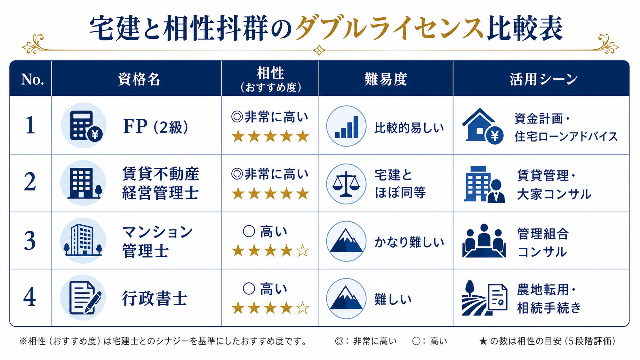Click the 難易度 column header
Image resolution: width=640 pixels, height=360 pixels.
click(x=386, y=79)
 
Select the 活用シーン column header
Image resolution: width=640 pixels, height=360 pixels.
click(x=543, y=79)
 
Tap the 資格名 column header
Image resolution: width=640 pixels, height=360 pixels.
click(x=139, y=79)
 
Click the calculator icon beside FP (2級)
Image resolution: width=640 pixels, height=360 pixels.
click(x=84, y=125)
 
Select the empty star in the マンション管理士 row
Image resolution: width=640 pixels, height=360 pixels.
click(x=302, y=251)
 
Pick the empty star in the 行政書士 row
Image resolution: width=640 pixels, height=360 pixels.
click(x=302, y=308)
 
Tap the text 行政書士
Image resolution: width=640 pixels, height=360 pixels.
click(x=155, y=299)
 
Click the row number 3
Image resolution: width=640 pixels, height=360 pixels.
click(x=30, y=241)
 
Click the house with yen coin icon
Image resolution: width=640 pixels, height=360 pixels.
click(x=483, y=126)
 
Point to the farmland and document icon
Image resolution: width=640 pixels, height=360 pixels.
click(x=484, y=298)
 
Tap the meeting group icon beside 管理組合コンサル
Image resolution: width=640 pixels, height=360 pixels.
click(x=484, y=241)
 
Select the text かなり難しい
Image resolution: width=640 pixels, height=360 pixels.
click(x=409, y=242)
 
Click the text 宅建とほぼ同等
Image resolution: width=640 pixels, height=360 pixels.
click(x=400, y=184)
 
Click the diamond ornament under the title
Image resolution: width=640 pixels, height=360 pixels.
click(x=319, y=50)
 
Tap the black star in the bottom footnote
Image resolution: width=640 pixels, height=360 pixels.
click(x=483, y=341)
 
